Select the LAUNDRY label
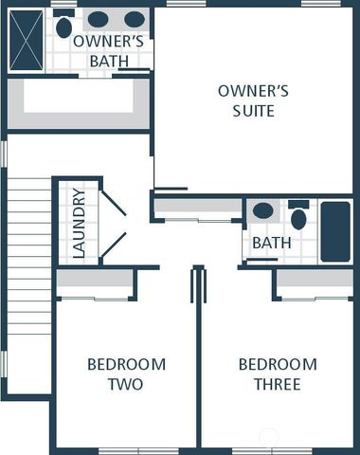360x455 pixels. pyautogui.click(x=79, y=224)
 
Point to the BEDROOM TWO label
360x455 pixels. pyautogui.click(x=126, y=374)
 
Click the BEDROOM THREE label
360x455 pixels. pyautogui.click(x=277, y=374)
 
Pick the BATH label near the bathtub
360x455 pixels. pyautogui.click(x=271, y=244)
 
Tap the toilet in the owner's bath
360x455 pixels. pyautogui.click(x=63, y=26)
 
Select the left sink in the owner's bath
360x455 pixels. pyautogui.click(x=98, y=19)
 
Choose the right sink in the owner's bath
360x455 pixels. pyautogui.click(x=135, y=19)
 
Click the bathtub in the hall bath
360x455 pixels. pyautogui.click(x=335, y=231)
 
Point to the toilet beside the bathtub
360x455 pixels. pyautogui.click(x=298, y=217)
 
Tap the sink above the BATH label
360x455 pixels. pyautogui.click(x=263, y=210)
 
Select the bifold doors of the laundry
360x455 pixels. pyautogui.click(x=113, y=226)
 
